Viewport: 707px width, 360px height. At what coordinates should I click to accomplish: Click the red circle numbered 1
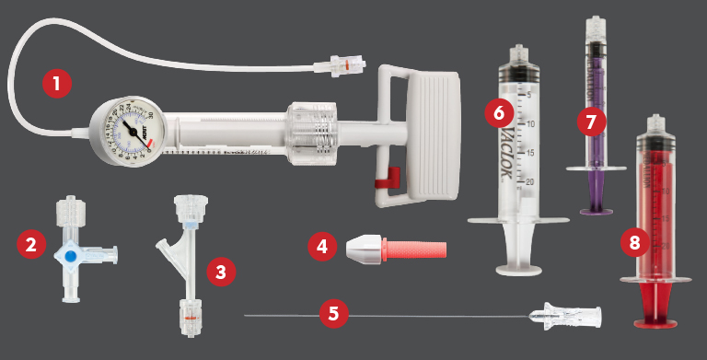(x=57, y=85)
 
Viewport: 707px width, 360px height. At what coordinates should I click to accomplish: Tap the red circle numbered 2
(x=31, y=245)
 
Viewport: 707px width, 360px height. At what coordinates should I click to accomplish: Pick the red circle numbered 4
(x=321, y=247)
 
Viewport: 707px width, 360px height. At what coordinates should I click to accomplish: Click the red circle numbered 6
(x=498, y=113)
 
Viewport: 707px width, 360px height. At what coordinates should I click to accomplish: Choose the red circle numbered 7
(x=590, y=120)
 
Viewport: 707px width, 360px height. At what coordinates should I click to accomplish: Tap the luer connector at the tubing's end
(x=335, y=67)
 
